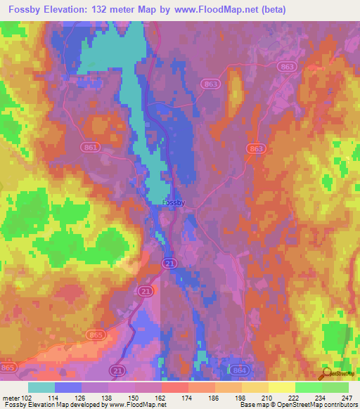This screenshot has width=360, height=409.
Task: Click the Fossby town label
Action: (173, 202)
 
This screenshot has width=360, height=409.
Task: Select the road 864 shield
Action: (238, 369)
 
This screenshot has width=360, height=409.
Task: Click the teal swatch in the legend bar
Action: (41, 387)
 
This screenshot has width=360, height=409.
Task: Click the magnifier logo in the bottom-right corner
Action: (326, 374)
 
